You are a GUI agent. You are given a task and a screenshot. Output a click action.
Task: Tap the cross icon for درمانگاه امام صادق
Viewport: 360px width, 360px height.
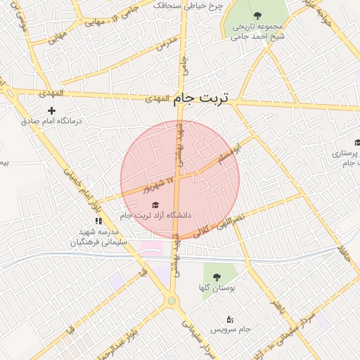pos(51,110)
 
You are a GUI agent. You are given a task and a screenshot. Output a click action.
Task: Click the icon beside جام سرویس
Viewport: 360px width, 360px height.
pos(229,320)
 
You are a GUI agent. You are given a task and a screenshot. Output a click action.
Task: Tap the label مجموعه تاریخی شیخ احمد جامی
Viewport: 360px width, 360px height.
pos(257,31)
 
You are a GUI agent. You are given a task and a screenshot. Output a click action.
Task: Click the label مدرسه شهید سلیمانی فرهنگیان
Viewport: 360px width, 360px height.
pos(98,236)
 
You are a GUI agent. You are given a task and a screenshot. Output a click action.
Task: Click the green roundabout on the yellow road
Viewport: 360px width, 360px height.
pos(172,301)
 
